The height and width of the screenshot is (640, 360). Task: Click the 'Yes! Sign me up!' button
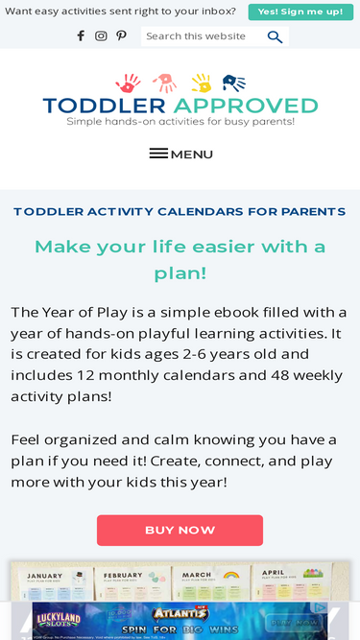[300, 12]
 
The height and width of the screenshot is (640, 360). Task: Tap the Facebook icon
[81, 36]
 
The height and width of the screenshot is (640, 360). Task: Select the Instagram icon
[101, 36]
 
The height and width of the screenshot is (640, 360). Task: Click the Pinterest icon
[121, 36]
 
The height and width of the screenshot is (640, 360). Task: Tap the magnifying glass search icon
[275, 36]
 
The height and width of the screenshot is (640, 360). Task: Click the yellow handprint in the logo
[201, 83]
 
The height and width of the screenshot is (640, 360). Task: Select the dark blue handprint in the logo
[233, 83]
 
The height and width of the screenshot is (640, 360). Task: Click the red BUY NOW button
[180, 530]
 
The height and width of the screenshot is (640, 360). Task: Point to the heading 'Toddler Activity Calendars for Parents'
[180, 212]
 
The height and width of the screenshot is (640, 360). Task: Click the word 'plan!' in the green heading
[180, 273]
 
